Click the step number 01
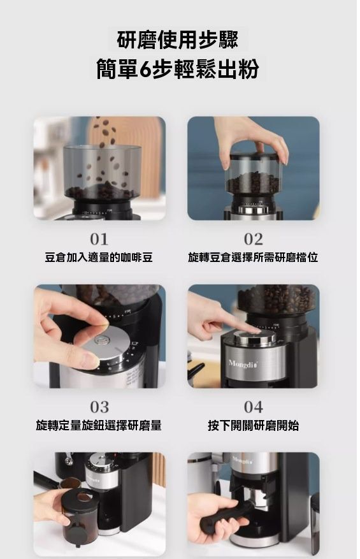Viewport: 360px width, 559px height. point(99,239)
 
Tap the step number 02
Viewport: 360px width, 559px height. point(254,239)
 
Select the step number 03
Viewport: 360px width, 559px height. point(99,407)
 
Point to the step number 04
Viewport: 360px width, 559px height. point(254,407)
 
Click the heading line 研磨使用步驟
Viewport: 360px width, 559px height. point(178,40)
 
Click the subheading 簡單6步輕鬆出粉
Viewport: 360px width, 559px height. point(178,69)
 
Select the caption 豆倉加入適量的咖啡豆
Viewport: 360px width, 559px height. point(99,257)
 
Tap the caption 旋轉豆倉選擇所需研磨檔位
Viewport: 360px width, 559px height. point(253,257)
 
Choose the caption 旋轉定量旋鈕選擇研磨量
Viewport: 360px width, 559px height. point(99,425)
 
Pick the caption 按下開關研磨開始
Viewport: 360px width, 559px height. point(254,425)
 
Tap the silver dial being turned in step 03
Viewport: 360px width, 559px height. point(107,344)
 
